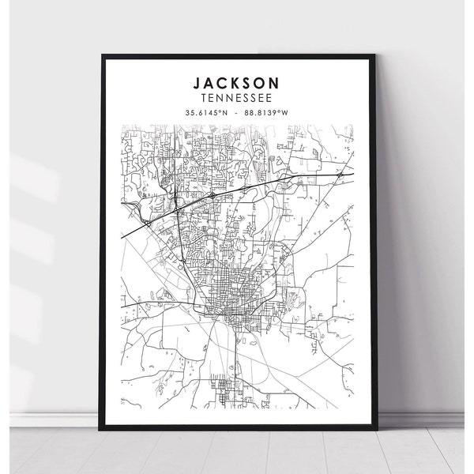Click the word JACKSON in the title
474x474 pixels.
[x=238, y=81]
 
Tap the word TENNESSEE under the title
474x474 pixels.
[x=238, y=97]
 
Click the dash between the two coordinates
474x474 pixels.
[x=237, y=114]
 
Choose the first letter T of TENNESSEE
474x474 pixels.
[x=205, y=97]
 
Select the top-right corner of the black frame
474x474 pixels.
[x=377, y=55]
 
